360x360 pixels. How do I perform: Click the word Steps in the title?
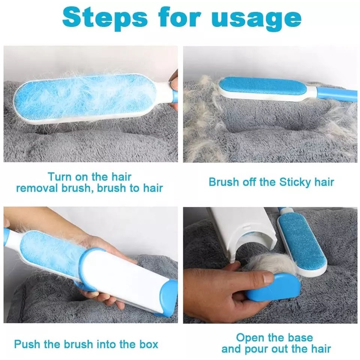pos(105,18)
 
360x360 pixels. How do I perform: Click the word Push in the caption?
pos(27,344)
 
